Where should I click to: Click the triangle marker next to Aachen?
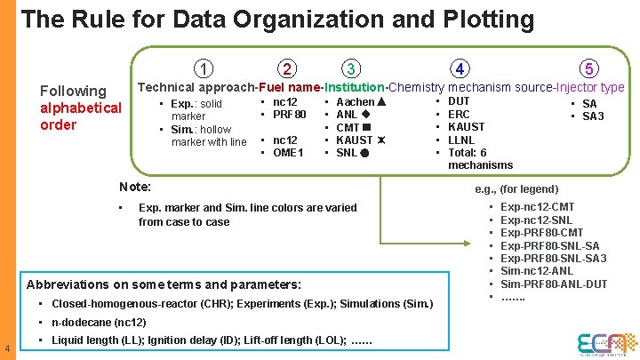(x=381, y=102)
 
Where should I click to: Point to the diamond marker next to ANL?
(x=365, y=115)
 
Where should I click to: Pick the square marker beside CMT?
(x=366, y=127)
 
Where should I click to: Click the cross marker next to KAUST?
(x=381, y=140)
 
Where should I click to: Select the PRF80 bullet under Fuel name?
(x=289, y=115)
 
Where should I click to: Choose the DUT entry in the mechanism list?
(x=459, y=102)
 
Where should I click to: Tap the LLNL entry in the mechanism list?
(x=461, y=140)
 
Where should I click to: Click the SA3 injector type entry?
(x=593, y=116)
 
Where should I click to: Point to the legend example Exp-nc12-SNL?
(x=537, y=220)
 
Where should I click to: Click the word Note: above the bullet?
(x=135, y=187)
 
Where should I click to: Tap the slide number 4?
(x=7, y=348)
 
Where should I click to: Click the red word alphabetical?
(x=81, y=108)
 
